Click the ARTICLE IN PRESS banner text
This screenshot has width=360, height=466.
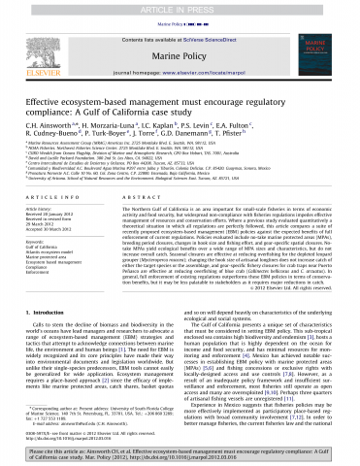(x=180, y=6)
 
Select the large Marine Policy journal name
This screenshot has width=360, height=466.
(x=179, y=47)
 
